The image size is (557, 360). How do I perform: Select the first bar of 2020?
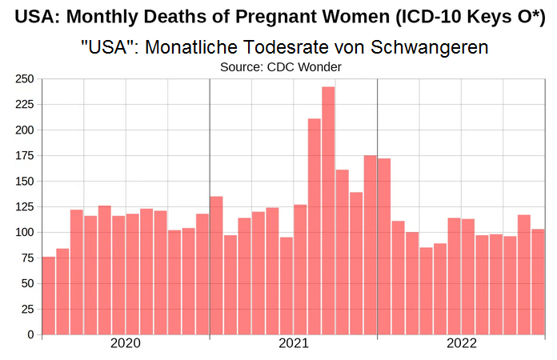click(49, 295)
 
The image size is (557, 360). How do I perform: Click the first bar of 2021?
click(216, 265)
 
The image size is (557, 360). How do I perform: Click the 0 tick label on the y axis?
click(30, 334)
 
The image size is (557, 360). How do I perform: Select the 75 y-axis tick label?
click(26, 258)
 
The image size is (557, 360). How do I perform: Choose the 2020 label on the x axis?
click(126, 345)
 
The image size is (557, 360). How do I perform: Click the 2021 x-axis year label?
click(294, 345)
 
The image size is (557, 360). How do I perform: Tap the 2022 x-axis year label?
click(462, 345)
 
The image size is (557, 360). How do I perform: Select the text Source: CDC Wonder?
click(281, 67)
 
